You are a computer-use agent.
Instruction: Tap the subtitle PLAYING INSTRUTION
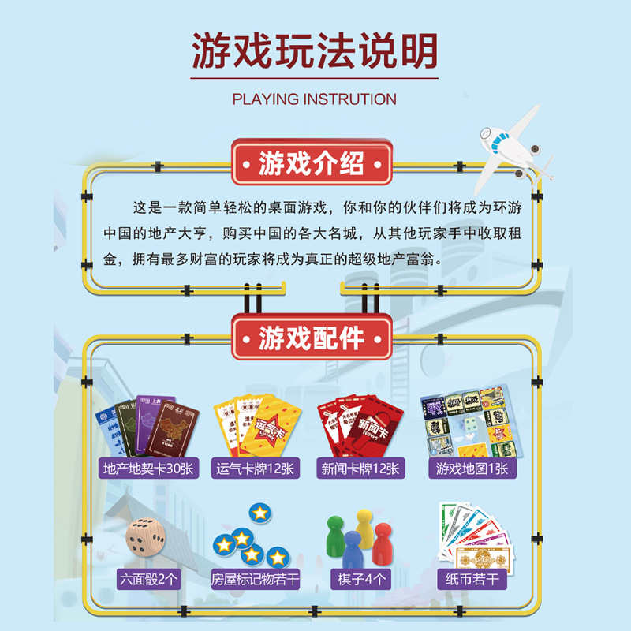tap(315, 99)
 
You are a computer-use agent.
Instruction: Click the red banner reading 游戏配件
tap(312, 338)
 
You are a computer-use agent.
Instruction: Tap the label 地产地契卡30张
tap(148, 469)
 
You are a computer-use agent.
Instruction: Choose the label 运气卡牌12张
tap(256, 469)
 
